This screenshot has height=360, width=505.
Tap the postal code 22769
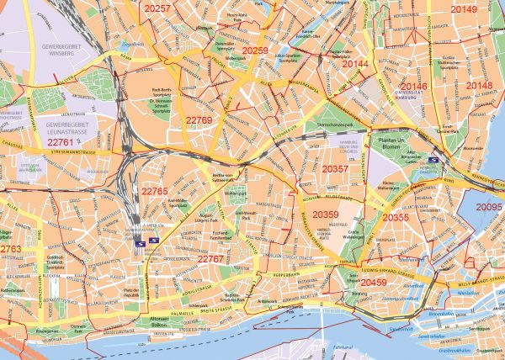(x=199, y=121)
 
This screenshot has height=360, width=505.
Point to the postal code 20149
(x=463, y=9)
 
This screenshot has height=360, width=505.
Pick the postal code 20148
(x=480, y=86)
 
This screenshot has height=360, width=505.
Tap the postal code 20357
(x=335, y=169)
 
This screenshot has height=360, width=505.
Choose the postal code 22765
(x=155, y=192)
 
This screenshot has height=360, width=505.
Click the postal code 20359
(x=325, y=214)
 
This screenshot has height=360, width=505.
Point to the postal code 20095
(x=489, y=207)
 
